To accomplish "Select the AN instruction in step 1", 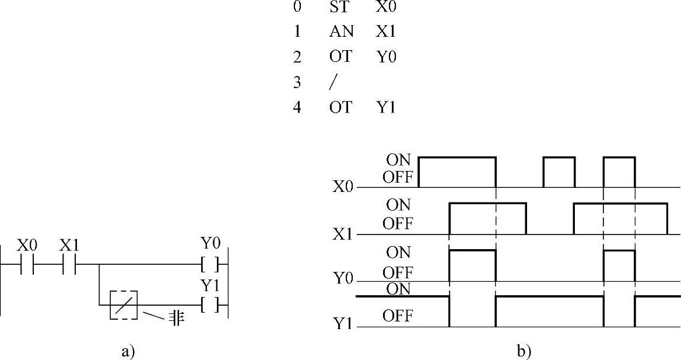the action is click(341, 32).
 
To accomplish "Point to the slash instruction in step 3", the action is click(333, 82).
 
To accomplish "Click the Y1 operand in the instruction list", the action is click(386, 108).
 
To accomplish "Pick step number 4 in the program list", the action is click(297, 108).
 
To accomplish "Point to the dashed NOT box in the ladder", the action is click(124, 305).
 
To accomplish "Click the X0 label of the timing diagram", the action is click(343, 187).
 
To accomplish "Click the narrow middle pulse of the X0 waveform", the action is click(559, 171).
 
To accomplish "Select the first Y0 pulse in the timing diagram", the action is click(472, 265).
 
